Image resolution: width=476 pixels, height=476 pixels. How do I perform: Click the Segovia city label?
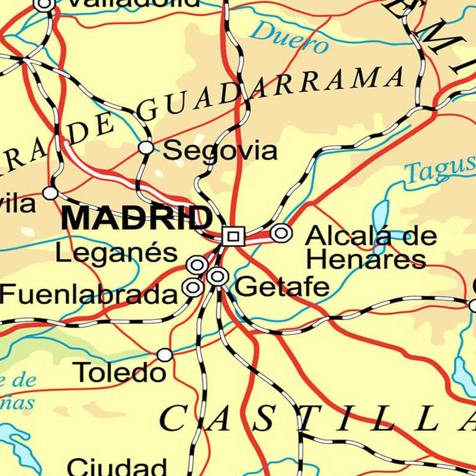tap(220, 151)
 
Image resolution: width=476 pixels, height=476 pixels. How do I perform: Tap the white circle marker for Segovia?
tap(146, 147)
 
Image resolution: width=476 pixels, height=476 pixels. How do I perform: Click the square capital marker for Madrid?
tap(233, 236)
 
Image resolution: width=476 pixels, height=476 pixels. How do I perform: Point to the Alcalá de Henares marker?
tap(281, 233)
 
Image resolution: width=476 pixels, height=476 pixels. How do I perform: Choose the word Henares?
tap(366, 260)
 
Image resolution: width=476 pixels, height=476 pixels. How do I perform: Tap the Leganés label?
tap(117, 253)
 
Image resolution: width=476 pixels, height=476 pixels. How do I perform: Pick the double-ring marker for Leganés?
tap(197, 265)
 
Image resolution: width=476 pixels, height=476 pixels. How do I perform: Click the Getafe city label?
tap(282, 287)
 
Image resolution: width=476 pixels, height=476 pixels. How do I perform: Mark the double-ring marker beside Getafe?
tap(217, 276)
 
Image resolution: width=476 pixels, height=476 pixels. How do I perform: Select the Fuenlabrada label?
tap(88, 295)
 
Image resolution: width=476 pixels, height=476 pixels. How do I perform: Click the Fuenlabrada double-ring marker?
tap(193, 287)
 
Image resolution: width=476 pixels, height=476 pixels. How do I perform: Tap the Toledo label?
tap(121, 372)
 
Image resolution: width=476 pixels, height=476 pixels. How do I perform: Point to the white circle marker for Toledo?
tap(165, 355)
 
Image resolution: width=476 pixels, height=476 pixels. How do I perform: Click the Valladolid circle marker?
tap(45, 5)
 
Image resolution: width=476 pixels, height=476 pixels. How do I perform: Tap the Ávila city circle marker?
tap(50, 193)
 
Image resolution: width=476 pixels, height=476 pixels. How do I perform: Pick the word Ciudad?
tap(117, 466)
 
